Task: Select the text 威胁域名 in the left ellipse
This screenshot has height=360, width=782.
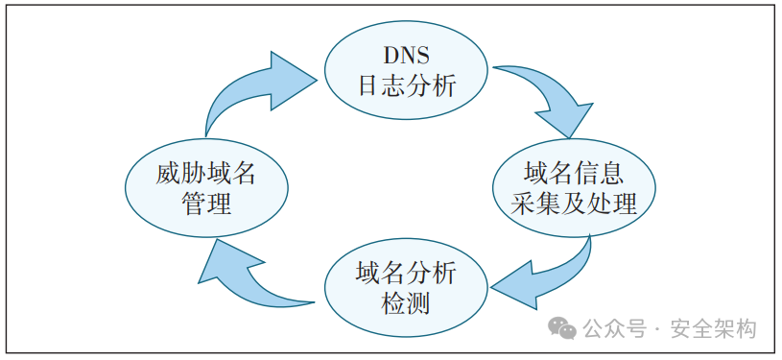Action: click(206, 174)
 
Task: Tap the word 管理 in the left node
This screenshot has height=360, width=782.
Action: click(206, 204)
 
